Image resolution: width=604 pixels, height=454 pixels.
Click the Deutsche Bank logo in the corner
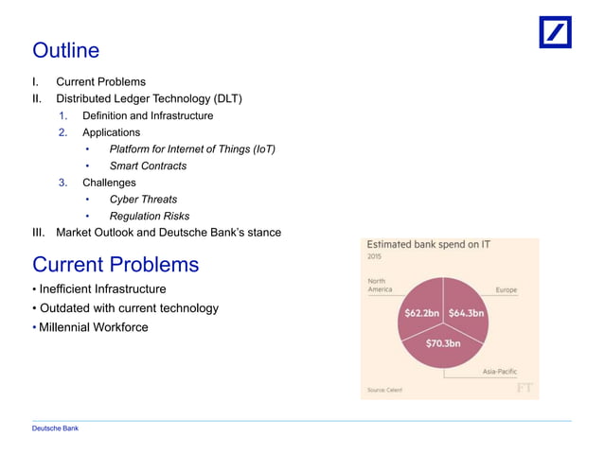556,32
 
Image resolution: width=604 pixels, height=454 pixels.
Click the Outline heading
65,49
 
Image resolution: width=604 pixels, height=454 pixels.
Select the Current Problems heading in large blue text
115,263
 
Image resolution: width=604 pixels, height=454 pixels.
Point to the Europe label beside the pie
506,290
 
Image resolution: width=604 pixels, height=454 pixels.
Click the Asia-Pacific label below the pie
500,372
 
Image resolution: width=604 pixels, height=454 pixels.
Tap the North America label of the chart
380,285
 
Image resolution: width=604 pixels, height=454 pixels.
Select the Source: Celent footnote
384,389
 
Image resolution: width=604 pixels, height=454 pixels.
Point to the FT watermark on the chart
524,388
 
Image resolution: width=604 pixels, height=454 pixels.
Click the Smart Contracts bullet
148,166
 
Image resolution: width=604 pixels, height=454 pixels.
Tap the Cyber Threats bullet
143,200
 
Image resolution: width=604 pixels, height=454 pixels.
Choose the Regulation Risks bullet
149,216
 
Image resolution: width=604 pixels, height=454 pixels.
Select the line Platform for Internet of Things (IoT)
192,149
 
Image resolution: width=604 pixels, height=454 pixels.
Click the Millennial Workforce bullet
94,327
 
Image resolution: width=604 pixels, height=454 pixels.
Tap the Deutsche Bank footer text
55,428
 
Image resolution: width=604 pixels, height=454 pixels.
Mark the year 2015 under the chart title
376,256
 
